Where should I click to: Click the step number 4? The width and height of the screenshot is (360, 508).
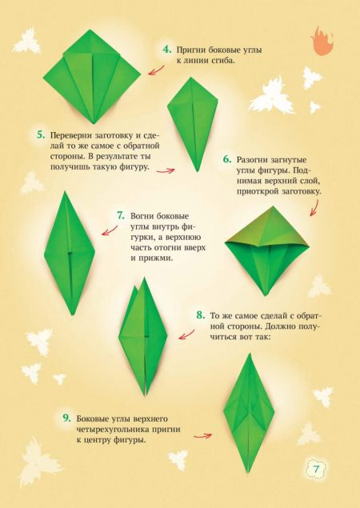click(x=167, y=50)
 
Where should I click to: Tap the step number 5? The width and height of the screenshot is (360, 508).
click(x=41, y=134)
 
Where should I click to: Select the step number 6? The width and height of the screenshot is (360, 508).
click(x=227, y=159)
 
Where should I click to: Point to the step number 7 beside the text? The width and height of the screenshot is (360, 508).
click(x=121, y=216)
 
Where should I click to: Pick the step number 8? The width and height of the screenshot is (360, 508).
click(x=201, y=315)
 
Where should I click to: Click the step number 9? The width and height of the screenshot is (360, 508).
click(x=66, y=418)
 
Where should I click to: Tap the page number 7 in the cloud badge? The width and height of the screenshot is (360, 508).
click(x=316, y=469)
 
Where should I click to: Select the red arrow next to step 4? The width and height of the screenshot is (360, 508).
click(x=156, y=70)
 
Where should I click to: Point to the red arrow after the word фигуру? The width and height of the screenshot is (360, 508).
click(x=166, y=170)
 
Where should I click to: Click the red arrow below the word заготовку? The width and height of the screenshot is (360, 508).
click(x=314, y=208)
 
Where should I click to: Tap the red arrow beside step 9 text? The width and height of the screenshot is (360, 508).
click(x=202, y=436)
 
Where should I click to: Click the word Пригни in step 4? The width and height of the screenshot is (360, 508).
click(x=190, y=50)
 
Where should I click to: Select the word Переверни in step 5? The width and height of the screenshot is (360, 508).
click(x=70, y=135)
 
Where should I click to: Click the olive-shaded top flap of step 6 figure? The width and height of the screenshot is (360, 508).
click(x=267, y=227)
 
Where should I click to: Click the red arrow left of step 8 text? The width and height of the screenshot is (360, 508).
click(x=186, y=335)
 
